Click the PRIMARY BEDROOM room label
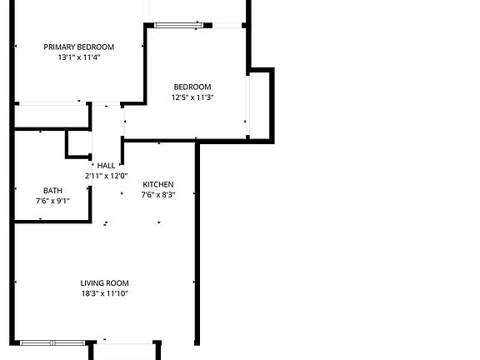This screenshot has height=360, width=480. click(79, 47)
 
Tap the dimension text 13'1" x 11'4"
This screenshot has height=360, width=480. click(79, 57)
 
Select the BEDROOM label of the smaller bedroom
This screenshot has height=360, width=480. click(192, 87)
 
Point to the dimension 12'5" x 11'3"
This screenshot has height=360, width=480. click(192, 97)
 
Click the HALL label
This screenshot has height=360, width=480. click(106, 165)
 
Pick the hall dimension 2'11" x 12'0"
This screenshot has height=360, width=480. click(106, 176)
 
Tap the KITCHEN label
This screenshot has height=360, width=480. click(158, 184)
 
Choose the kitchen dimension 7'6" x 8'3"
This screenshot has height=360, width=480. click(158, 195)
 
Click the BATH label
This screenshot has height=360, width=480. click(52, 190)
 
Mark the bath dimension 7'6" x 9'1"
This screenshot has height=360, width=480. click(52, 201)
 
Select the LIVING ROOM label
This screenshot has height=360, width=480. click(105, 282)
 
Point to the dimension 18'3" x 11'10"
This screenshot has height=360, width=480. click(105, 293)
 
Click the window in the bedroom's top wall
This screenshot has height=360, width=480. click(177, 25)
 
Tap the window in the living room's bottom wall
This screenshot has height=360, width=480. click(51, 342)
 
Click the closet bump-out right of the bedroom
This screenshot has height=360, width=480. click(260, 105)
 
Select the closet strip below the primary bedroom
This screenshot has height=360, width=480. click(52, 116)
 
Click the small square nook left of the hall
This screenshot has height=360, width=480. click(79, 143)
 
